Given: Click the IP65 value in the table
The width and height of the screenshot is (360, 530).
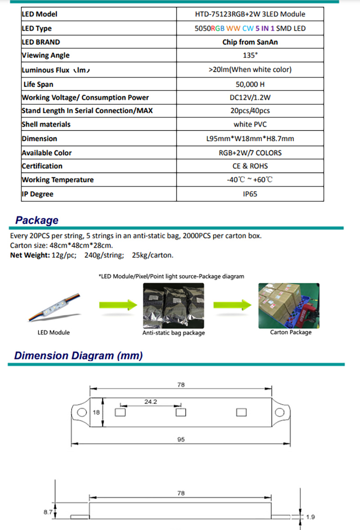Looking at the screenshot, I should (x=250, y=194).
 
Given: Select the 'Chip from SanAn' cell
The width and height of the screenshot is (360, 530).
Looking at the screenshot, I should (x=250, y=42).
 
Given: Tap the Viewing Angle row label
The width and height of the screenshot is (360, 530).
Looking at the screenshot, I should (x=45, y=55).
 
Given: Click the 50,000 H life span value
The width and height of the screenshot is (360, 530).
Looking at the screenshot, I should (x=250, y=84).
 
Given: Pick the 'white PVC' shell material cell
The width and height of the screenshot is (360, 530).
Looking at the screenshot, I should (x=250, y=124).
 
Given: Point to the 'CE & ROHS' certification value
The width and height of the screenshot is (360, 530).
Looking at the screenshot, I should (x=250, y=166).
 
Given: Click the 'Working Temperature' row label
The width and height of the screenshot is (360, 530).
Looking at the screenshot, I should (x=58, y=180).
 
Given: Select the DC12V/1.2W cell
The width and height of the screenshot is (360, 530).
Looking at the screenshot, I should (x=250, y=97).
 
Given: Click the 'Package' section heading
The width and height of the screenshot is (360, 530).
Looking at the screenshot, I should (x=36, y=220).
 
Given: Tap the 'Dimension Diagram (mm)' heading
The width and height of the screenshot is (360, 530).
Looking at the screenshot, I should (x=78, y=355).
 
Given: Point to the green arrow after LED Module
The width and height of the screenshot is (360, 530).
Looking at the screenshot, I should (x=117, y=305).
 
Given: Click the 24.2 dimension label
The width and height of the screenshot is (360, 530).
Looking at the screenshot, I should (x=150, y=402).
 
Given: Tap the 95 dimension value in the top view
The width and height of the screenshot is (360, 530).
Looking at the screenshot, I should (x=181, y=439).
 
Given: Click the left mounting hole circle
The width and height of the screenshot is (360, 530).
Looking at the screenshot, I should (x=81, y=412).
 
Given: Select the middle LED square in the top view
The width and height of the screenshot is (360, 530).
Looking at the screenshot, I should (x=180, y=412).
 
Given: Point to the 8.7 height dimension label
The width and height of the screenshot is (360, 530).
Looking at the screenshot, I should (x=48, y=512).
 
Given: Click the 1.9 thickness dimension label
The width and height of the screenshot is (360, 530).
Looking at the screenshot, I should (x=310, y=517).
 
